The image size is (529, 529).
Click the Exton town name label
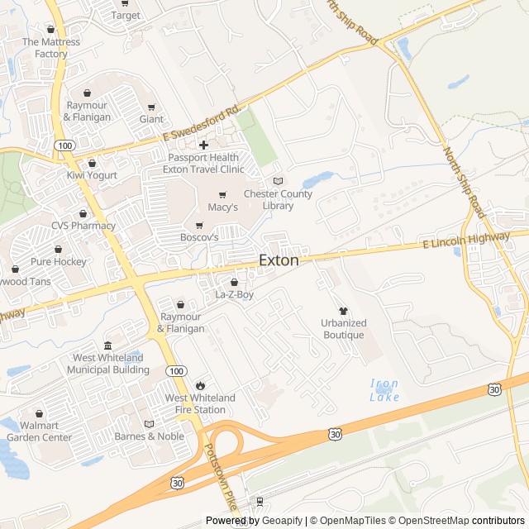tap(279, 260)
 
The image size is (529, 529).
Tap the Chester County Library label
tap(278, 200)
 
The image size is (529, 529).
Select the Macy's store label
tap(222, 207)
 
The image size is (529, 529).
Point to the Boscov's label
tap(199, 236)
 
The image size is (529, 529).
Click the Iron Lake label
tap(384, 390)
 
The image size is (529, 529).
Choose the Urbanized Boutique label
tap(343, 329)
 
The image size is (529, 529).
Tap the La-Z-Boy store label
tap(234, 294)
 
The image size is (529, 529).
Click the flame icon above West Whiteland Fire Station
tap(200, 385)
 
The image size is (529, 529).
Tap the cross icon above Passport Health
tap(203, 145)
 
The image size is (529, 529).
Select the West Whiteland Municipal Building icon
tap(107, 346)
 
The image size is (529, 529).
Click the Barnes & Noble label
tap(149, 436)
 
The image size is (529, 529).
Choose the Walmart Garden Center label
tap(39, 431)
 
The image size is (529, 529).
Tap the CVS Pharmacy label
tap(83, 225)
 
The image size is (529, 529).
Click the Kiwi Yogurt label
tap(92, 175)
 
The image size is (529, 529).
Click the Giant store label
tap(151, 119)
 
